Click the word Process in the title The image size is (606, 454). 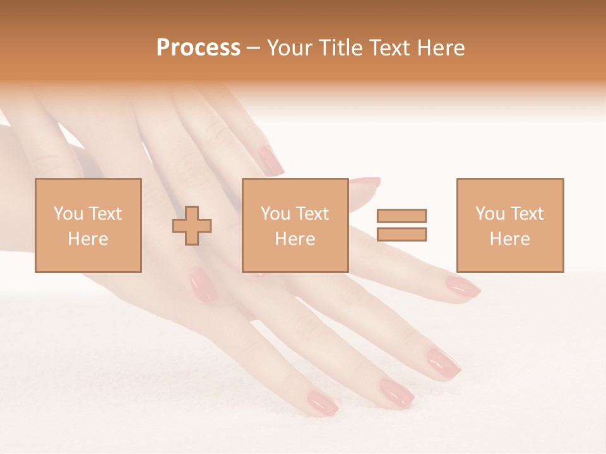[x=198, y=48]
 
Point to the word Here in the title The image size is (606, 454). [x=441, y=48]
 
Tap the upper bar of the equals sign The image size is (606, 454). [x=401, y=216]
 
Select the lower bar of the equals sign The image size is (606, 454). [x=401, y=235]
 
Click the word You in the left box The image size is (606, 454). [x=68, y=214]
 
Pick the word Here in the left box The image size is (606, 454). [x=88, y=239]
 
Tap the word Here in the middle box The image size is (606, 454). [x=295, y=239]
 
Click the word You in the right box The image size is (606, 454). [x=489, y=214]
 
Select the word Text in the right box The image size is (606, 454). [x=526, y=214]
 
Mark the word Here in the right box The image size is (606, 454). [x=509, y=239]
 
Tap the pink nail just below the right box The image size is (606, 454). [x=463, y=287]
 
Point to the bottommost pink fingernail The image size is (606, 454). [x=322, y=402]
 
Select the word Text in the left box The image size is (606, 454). [x=105, y=214]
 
